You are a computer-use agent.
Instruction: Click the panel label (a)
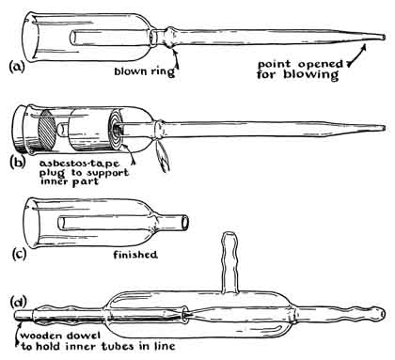(x=17, y=67)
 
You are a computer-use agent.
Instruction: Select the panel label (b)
(x=17, y=163)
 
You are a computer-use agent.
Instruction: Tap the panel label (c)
(x=19, y=254)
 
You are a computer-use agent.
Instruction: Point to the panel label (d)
(x=19, y=302)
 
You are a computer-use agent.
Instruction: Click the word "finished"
(x=135, y=255)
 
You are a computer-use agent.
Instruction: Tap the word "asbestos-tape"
(x=79, y=164)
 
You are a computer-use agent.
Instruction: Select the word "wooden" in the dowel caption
(x=41, y=336)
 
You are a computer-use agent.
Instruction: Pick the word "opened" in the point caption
(x=320, y=64)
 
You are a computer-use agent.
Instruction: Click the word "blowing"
(x=311, y=75)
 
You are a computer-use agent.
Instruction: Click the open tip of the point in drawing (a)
(x=383, y=38)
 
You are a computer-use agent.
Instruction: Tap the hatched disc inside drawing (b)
(x=47, y=129)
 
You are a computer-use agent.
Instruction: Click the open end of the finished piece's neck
(x=185, y=222)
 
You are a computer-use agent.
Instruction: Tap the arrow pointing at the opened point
(x=356, y=55)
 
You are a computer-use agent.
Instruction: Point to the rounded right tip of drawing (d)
(x=381, y=314)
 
